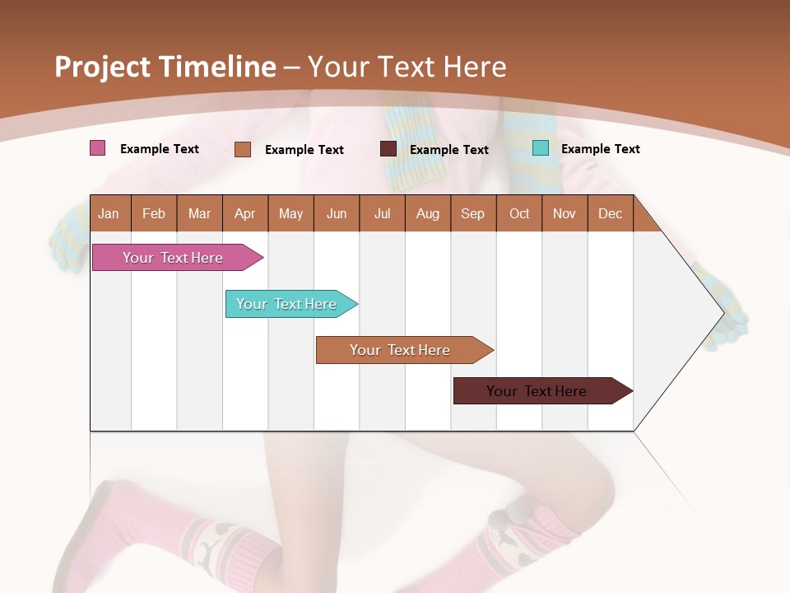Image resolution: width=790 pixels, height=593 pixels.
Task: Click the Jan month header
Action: click(x=109, y=213)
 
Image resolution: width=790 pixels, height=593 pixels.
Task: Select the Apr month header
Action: click(x=244, y=213)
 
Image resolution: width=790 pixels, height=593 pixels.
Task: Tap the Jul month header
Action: click(x=382, y=213)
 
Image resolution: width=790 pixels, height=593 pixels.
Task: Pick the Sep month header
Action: click(x=472, y=213)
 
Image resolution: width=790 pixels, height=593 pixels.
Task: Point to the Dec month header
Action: click(x=610, y=213)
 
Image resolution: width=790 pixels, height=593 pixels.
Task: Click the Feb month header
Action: click(x=154, y=213)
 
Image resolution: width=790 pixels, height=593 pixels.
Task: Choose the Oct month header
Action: click(x=519, y=213)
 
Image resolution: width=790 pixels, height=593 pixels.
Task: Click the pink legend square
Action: click(x=98, y=148)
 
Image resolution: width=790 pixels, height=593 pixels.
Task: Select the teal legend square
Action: click(x=541, y=148)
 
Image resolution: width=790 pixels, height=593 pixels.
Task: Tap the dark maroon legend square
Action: click(x=388, y=149)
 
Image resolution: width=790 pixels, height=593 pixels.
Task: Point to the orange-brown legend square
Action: click(x=243, y=149)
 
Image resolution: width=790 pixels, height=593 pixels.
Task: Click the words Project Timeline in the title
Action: click(x=165, y=67)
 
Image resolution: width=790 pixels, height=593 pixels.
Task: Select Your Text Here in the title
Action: click(x=407, y=67)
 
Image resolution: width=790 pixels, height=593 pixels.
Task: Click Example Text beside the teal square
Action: click(x=600, y=149)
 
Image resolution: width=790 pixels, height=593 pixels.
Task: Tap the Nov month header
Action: click(x=565, y=213)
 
